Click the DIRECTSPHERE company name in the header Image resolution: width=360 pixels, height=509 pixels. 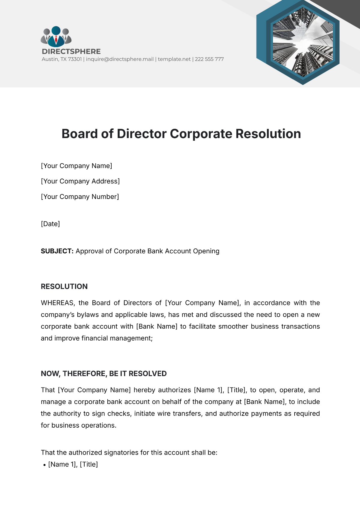[71, 51]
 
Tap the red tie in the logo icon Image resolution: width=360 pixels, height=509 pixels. [56, 39]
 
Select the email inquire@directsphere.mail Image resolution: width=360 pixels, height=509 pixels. [120, 59]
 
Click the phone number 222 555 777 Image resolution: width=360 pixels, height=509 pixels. [209, 59]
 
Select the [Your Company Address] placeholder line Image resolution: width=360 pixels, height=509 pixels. [80, 181]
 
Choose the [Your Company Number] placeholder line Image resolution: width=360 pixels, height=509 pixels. [80, 197]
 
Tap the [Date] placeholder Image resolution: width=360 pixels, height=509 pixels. [50, 224]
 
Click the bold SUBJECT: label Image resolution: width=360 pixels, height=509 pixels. [57, 251]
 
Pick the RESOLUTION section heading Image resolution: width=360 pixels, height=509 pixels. [64, 287]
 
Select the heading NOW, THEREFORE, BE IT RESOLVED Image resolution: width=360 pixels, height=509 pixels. [103, 374]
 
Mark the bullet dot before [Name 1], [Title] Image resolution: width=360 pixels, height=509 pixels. [44, 465]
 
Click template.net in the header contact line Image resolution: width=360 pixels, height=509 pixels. [174, 59]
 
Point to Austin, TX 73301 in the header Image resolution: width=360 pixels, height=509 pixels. [61, 59]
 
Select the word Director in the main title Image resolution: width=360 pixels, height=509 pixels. [142, 134]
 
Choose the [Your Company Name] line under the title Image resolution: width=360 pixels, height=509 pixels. [76, 166]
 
